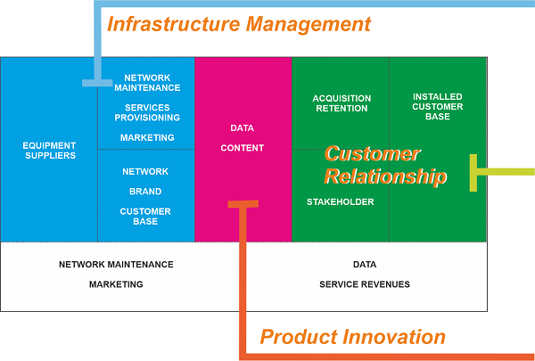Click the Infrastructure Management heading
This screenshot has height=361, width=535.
(x=239, y=25)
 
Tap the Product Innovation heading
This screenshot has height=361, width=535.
(x=353, y=337)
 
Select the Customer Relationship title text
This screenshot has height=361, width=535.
(x=385, y=166)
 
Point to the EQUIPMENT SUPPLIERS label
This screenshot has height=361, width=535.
(x=49, y=151)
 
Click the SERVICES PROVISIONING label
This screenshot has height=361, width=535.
(x=147, y=112)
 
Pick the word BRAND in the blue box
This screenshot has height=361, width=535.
(x=145, y=192)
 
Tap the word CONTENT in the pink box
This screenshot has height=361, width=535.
(x=242, y=148)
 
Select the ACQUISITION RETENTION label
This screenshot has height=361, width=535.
(x=342, y=103)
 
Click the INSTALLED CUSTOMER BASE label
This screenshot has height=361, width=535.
(x=438, y=106)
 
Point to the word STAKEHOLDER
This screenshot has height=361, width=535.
(x=341, y=202)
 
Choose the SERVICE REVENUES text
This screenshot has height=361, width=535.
(x=365, y=284)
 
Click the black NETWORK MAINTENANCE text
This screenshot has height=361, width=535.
(x=116, y=265)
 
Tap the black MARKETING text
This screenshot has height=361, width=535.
(x=116, y=284)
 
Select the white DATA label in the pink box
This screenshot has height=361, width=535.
(x=242, y=128)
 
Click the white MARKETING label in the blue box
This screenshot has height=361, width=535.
(x=147, y=137)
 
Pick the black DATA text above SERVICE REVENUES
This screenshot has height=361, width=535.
(x=365, y=265)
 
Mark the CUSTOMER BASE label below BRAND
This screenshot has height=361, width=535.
(x=145, y=217)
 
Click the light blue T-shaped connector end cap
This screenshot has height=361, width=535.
(x=97, y=83)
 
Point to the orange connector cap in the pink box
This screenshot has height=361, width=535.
(x=243, y=204)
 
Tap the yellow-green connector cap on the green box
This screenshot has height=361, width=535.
(x=473, y=173)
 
